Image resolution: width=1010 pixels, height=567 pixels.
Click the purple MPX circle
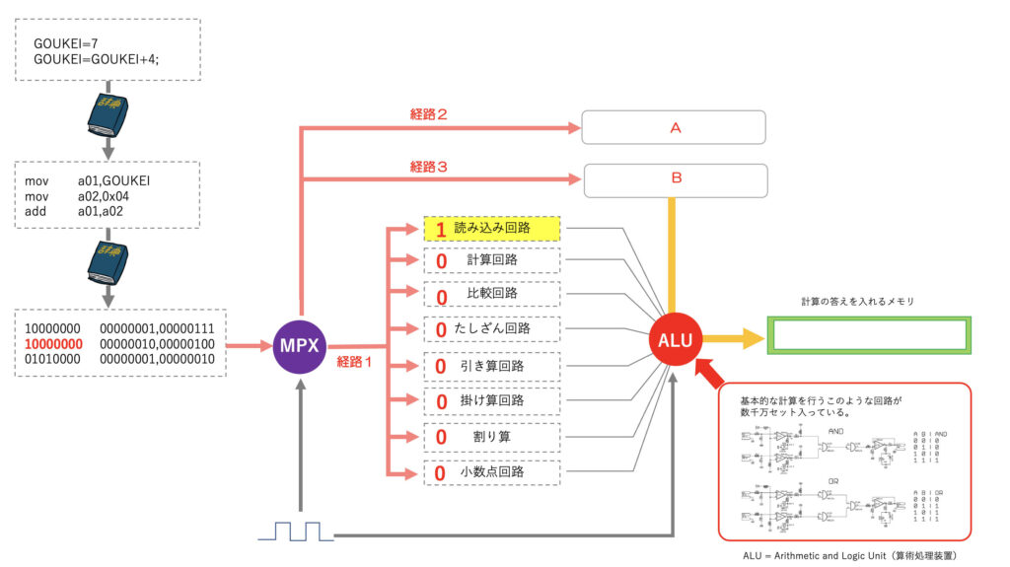(299, 346)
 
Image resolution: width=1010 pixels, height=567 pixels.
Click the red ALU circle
(675, 340)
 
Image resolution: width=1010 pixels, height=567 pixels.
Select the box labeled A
(674, 127)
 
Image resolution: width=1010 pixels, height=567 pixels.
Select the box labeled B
(676, 179)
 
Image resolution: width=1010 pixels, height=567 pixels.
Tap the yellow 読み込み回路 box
(492, 228)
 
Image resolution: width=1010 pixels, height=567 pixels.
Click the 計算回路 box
(492, 260)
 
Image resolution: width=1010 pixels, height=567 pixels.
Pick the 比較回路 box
(492, 294)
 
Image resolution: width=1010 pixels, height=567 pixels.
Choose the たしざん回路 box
(492, 328)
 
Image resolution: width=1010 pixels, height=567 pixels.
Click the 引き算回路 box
(492, 366)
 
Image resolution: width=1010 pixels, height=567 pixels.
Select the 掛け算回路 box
(492, 400)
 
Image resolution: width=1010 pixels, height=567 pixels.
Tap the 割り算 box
(492, 436)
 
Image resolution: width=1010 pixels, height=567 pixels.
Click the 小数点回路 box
(492, 472)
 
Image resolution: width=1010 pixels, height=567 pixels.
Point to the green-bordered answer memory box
(869, 335)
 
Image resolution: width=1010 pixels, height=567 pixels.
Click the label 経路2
(429, 114)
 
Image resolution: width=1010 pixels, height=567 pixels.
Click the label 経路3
(429, 168)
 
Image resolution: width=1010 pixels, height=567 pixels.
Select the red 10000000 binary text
(54, 344)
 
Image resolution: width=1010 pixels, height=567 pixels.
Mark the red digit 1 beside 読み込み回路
(441, 230)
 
